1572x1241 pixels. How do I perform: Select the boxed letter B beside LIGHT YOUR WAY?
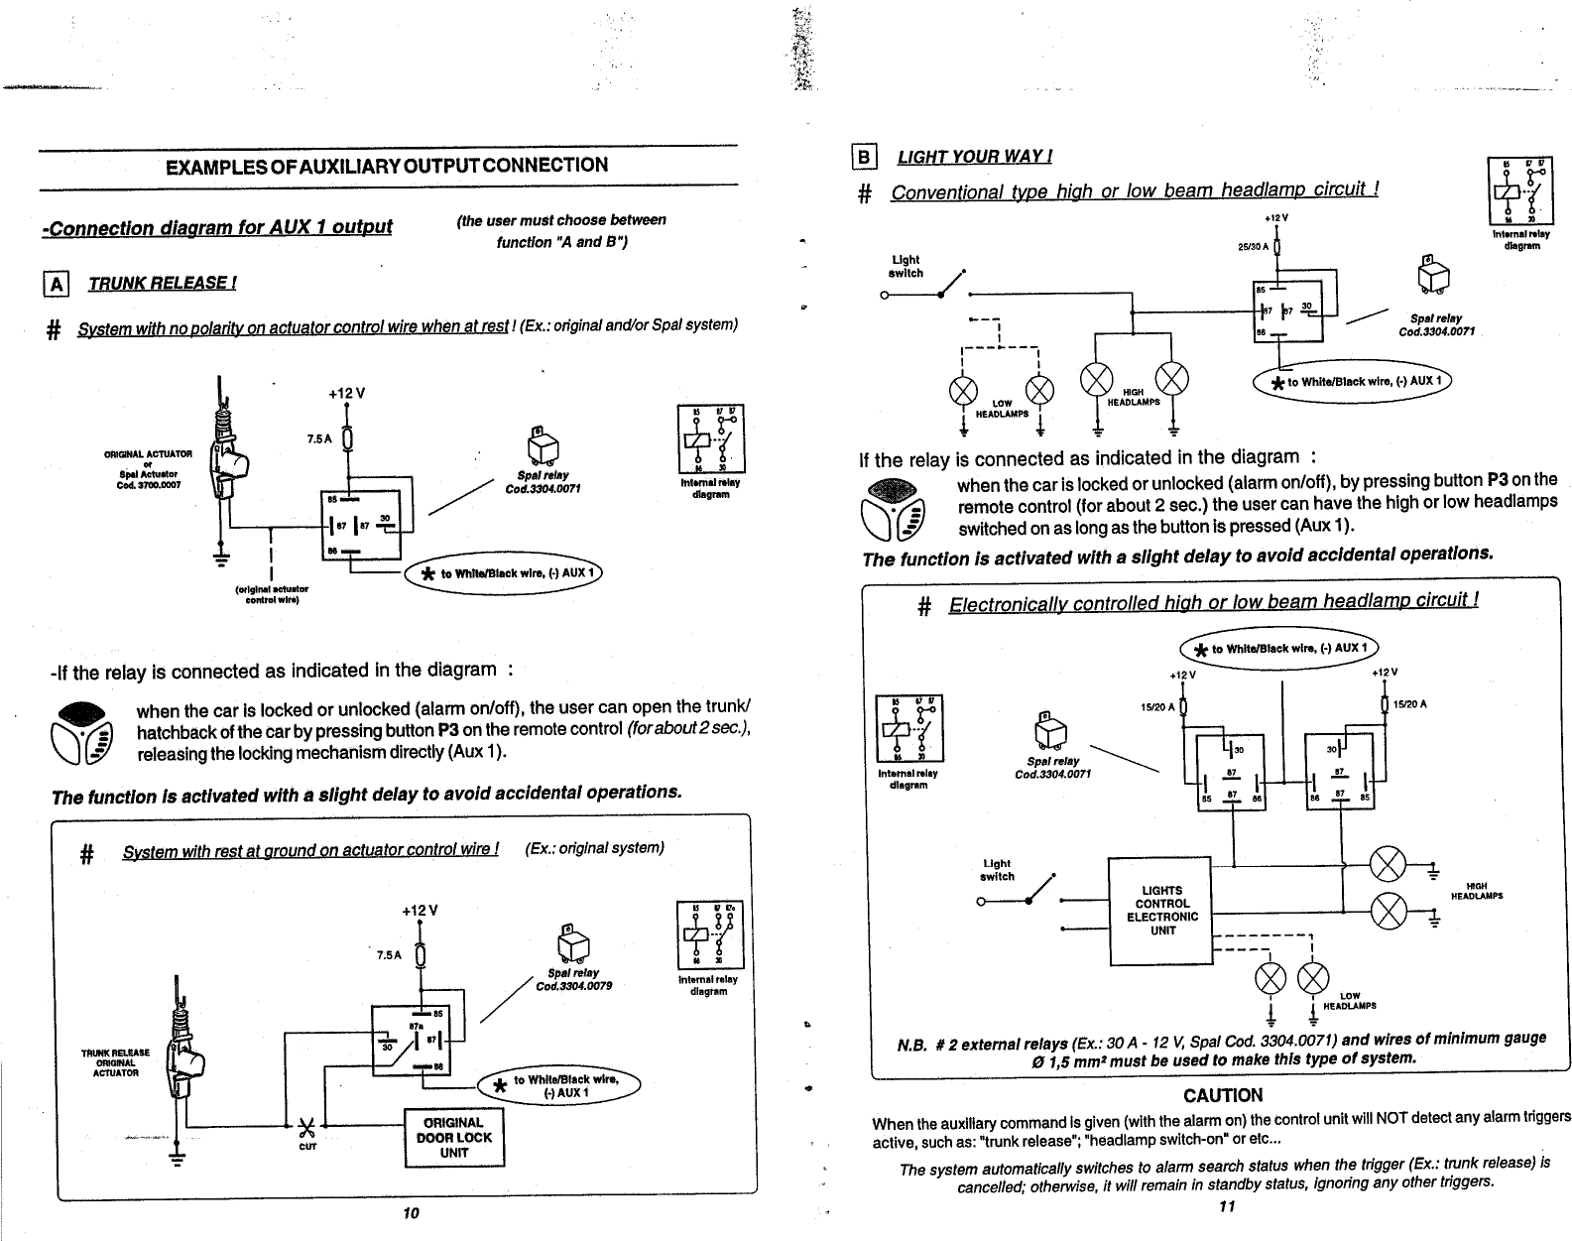click(x=864, y=157)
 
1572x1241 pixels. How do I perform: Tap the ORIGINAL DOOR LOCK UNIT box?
click(x=454, y=1137)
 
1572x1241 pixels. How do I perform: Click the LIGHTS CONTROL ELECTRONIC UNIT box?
click(x=1161, y=911)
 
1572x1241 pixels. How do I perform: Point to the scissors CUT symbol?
click(x=306, y=1128)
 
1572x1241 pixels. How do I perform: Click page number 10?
click(x=412, y=1212)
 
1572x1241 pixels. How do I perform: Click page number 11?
click(x=1227, y=1206)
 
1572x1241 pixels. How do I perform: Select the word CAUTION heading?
click(x=1223, y=1095)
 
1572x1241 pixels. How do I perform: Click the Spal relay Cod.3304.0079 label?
click(x=573, y=979)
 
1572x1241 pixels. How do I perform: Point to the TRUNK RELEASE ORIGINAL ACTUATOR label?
click(x=116, y=1061)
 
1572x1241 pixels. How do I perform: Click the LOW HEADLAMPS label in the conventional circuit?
click(x=1003, y=408)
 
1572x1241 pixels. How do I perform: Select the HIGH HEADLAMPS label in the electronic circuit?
click(x=1476, y=891)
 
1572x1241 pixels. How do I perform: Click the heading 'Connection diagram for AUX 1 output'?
click(x=217, y=227)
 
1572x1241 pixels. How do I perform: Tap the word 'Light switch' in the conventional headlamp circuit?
click(x=906, y=266)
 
